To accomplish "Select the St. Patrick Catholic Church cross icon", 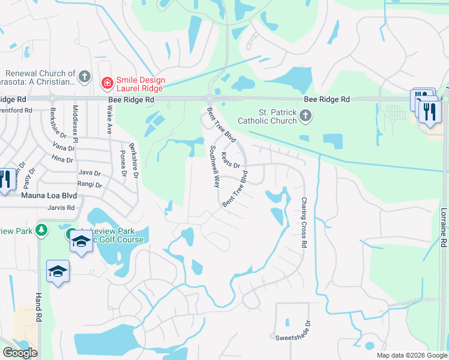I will [x=306, y=115].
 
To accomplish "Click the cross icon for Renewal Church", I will [x=85, y=77].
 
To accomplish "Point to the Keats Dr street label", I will [x=231, y=160].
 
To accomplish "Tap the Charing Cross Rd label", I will [x=304, y=223].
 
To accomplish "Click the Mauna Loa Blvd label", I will [x=49, y=195].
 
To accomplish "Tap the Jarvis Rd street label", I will [x=62, y=208].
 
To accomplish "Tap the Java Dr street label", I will [x=89, y=172].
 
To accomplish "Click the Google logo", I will [x=19, y=353].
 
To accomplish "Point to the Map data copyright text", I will [x=411, y=355].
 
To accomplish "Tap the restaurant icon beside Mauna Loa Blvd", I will [x=5, y=179].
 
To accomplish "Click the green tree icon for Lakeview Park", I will [x=41, y=230].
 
